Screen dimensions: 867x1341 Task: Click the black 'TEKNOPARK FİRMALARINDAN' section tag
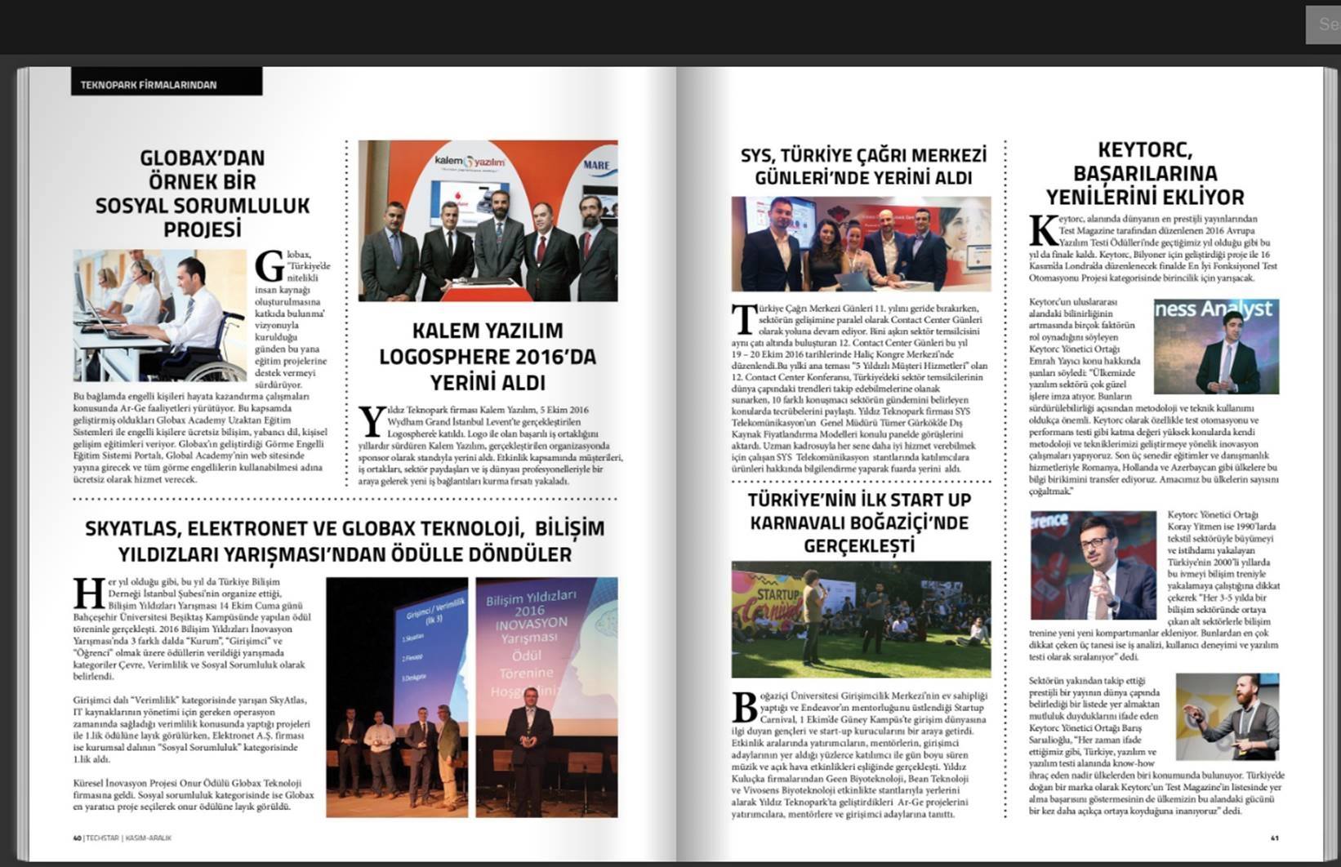pos(149,84)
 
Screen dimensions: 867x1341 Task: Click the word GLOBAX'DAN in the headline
pos(202,158)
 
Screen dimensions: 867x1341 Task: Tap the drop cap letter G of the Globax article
pos(269,266)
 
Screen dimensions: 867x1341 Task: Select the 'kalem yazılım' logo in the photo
pos(469,162)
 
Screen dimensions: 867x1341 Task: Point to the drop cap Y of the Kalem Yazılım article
pos(372,420)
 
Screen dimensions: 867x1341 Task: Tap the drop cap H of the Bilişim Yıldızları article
pos(88,594)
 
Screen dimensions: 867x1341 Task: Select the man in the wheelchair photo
pos(194,314)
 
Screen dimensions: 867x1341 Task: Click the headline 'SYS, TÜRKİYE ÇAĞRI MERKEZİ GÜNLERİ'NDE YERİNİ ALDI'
pos(863,166)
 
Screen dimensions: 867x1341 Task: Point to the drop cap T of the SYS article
pos(743,319)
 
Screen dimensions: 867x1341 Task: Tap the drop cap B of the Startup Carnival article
pos(745,707)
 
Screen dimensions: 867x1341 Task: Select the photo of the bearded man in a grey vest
pos(1227,717)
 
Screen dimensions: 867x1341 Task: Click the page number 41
pos(1274,838)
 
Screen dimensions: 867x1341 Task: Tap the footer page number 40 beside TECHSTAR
pos(77,838)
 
